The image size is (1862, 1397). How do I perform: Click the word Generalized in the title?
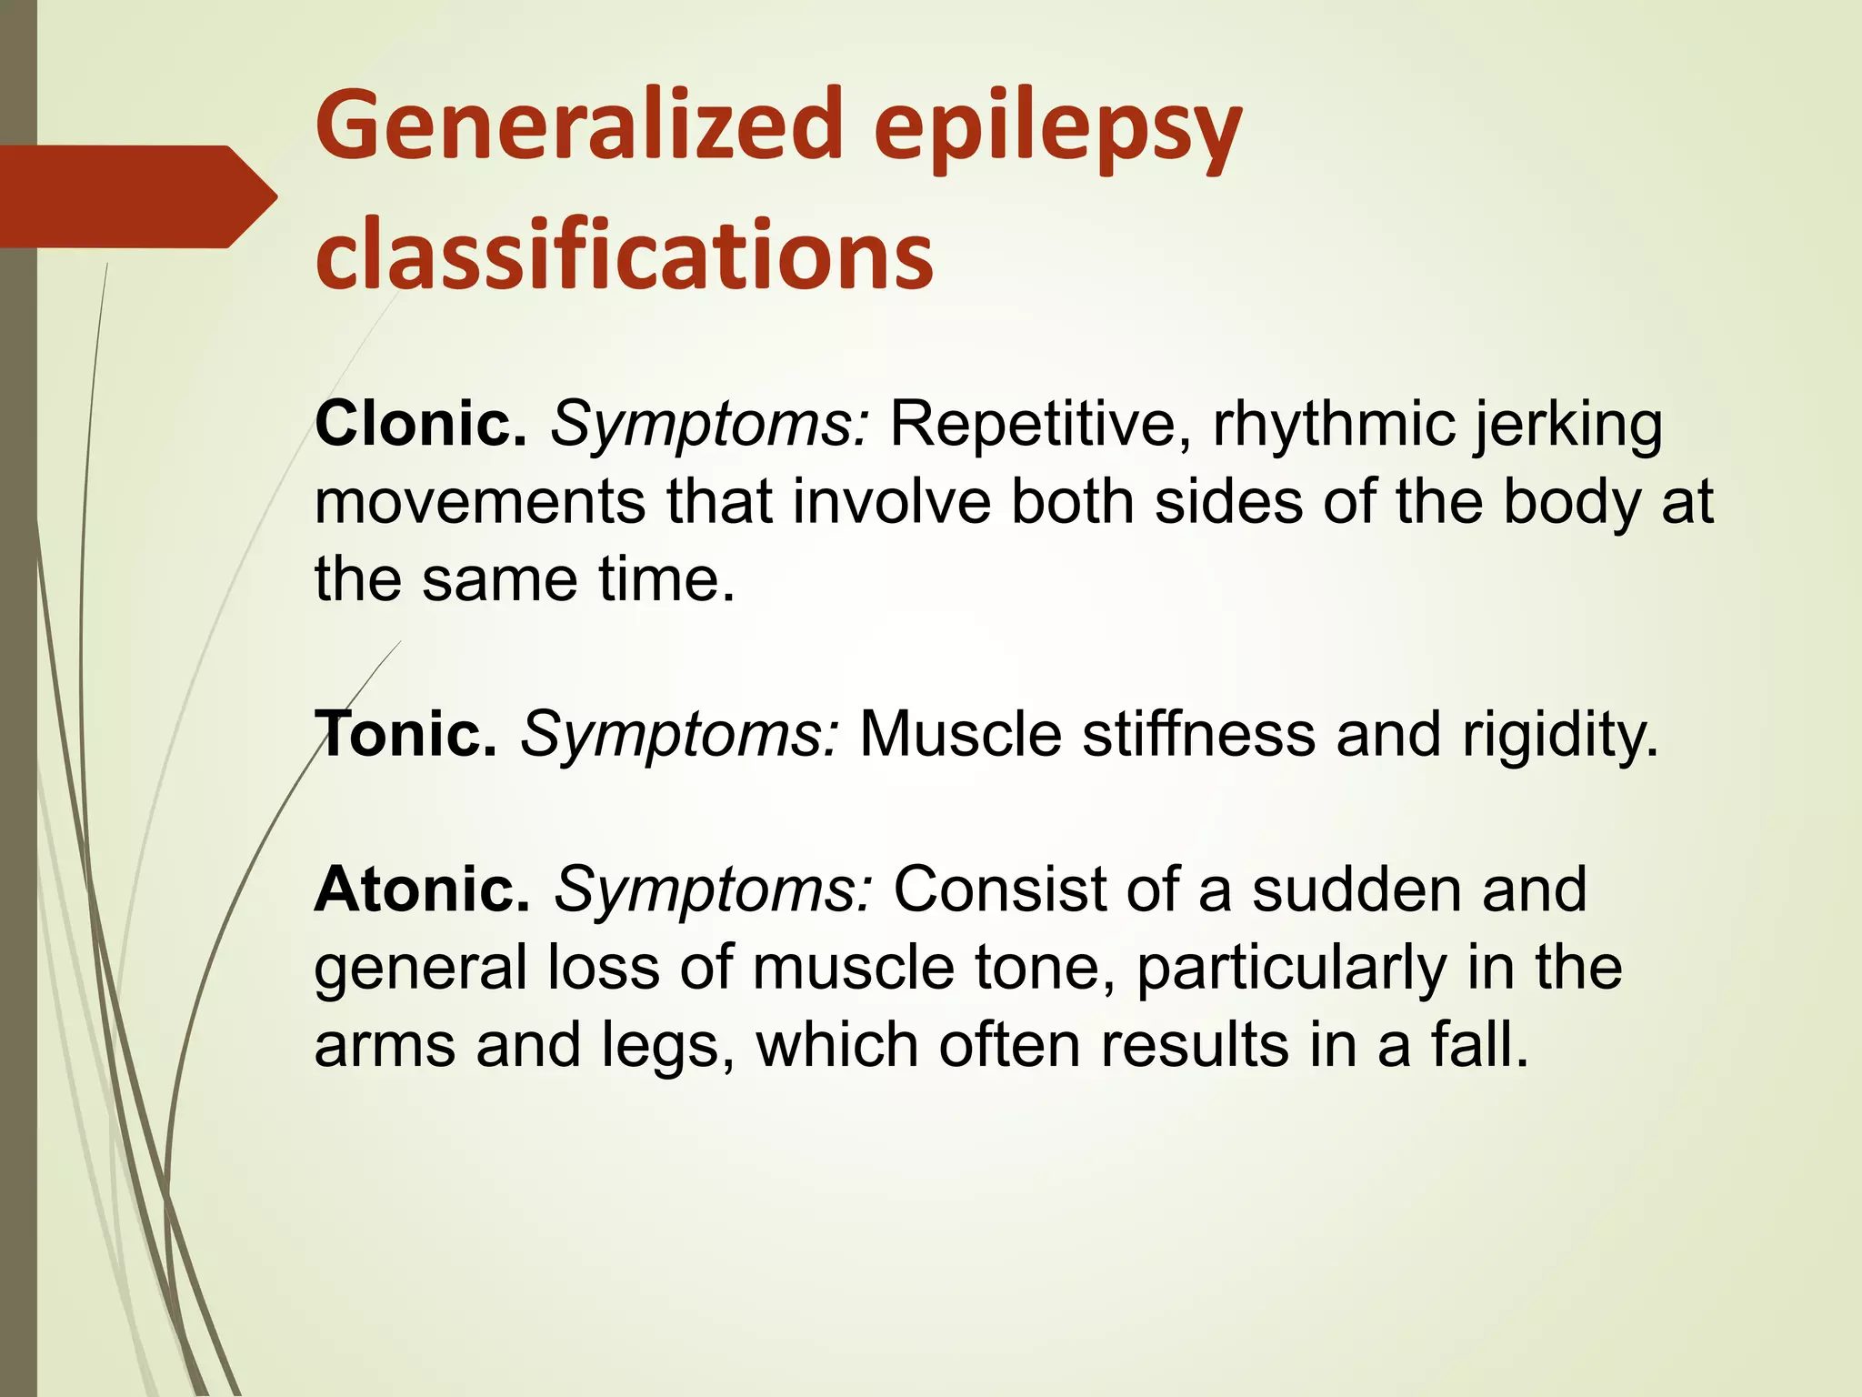point(579,126)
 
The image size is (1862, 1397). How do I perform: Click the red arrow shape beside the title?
point(136,196)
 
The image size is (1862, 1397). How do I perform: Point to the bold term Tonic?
point(405,734)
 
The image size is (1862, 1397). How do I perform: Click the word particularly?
point(1291,968)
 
